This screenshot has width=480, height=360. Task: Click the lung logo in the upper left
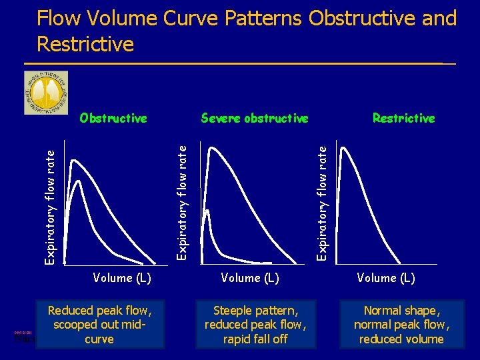tap(46, 93)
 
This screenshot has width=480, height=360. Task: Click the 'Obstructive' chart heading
tap(113, 119)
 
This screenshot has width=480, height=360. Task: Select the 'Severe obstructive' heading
tap(255, 119)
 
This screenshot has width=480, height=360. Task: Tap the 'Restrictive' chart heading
tap(403, 119)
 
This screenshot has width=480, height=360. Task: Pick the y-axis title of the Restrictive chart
tap(322, 198)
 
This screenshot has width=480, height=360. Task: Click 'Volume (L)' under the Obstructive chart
tap(122, 277)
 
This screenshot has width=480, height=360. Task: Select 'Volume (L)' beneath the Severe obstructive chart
tap(249, 277)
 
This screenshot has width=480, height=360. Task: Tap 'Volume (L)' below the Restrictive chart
tap(386, 277)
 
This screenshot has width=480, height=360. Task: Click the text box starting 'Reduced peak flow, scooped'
tap(99, 325)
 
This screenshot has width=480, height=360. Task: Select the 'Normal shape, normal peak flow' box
tap(401, 325)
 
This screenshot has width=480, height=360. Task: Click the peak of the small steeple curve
tap(207, 211)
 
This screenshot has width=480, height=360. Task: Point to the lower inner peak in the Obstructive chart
tap(80, 181)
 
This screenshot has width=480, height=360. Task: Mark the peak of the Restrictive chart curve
tap(343, 147)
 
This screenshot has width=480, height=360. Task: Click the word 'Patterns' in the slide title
tap(263, 18)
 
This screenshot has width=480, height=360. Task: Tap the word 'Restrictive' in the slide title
tap(85, 44)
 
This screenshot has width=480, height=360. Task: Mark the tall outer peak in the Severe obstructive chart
tap(213, 148)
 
